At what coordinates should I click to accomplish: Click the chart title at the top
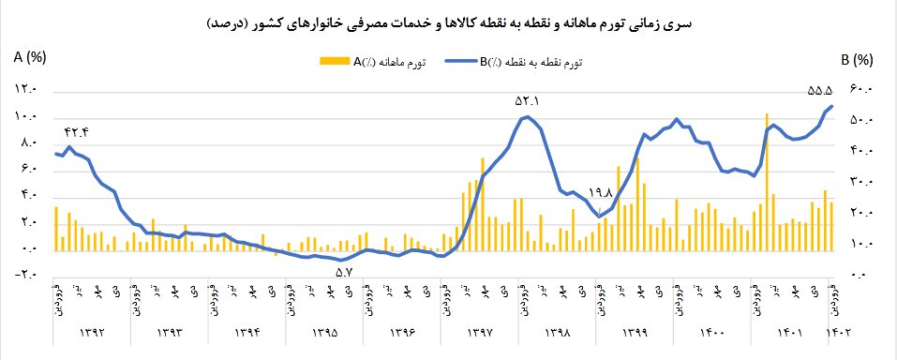pos(448,22)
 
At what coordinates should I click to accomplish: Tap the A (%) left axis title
pos(30,58)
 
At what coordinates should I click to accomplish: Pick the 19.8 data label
pos(598,193)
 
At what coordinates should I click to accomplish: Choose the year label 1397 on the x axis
pos(478,331)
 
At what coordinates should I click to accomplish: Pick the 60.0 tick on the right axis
pos(860,90)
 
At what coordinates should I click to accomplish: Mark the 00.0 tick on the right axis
pos(860,275)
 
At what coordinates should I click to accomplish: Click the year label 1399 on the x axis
pos(635,331)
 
